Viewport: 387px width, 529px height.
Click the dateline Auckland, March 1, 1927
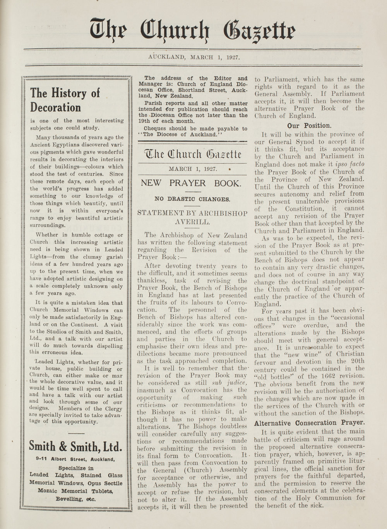click(x=194, y=57)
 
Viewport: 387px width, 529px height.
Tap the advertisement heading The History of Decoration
click(x=65, y=100)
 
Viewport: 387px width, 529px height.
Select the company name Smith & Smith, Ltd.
click(x=76, y=447)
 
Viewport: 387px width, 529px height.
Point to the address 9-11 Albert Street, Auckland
click(x=74, y=460)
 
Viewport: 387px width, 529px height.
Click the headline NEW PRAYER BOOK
click(x=191, y=183)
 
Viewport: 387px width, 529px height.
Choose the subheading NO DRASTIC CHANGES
click(x=192, y=199)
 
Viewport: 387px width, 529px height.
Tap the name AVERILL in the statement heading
click(x=192, y=223)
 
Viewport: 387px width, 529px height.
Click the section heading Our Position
click(x=309, y=126)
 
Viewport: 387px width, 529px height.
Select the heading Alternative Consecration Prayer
click(x=309, y=423)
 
